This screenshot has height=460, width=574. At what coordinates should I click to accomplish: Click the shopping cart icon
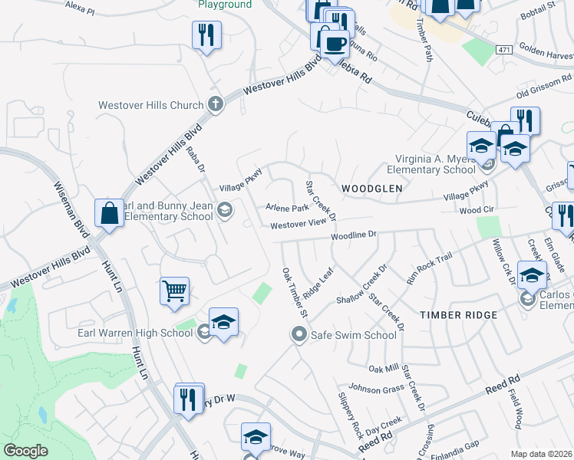click(175, 291)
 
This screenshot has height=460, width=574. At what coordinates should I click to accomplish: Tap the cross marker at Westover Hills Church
click(216, 105)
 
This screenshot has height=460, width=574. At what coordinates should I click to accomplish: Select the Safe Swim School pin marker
click(299, 334)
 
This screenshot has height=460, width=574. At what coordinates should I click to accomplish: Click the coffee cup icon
click(333, 43)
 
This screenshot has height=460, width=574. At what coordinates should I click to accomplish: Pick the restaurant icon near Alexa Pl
click(206, 35)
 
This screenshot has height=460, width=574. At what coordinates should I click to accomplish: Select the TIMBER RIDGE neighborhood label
click(458, 315)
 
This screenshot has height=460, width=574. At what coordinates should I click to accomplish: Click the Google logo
click(26, 451)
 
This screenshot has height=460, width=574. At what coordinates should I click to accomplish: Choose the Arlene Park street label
click(286, 208)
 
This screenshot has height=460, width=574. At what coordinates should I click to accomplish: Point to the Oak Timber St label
click(294, 293)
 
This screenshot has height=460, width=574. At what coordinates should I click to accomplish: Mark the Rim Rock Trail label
click(430, 270)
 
